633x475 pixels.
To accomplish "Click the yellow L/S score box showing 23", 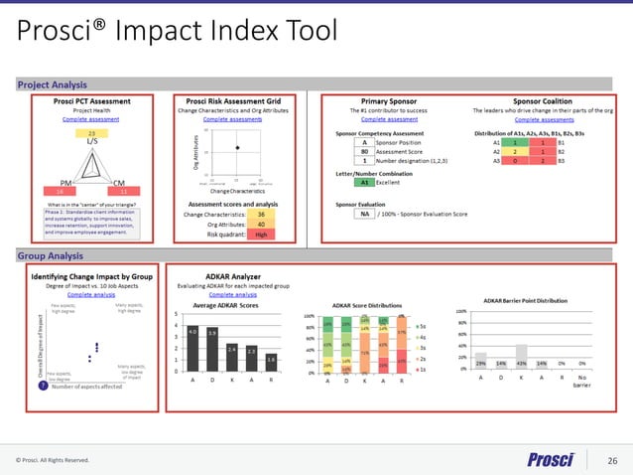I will (92, 132).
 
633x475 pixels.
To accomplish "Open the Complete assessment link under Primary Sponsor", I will (382, 119).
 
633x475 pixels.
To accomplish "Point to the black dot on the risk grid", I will (236, 147).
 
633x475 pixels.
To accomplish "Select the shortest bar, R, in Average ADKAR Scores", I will (271, 364).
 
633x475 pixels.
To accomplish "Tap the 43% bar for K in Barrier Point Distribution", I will (520, 356).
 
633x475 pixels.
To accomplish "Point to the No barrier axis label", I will (582, 382).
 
